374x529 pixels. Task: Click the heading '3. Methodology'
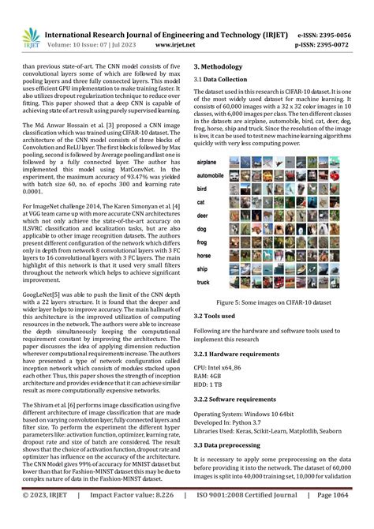(x=222, y=68)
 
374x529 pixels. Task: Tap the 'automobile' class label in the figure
(x=211, y=175)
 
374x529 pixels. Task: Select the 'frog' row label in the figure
(x=202, y=243)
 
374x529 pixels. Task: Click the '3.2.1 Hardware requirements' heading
(x=243, y=355)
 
